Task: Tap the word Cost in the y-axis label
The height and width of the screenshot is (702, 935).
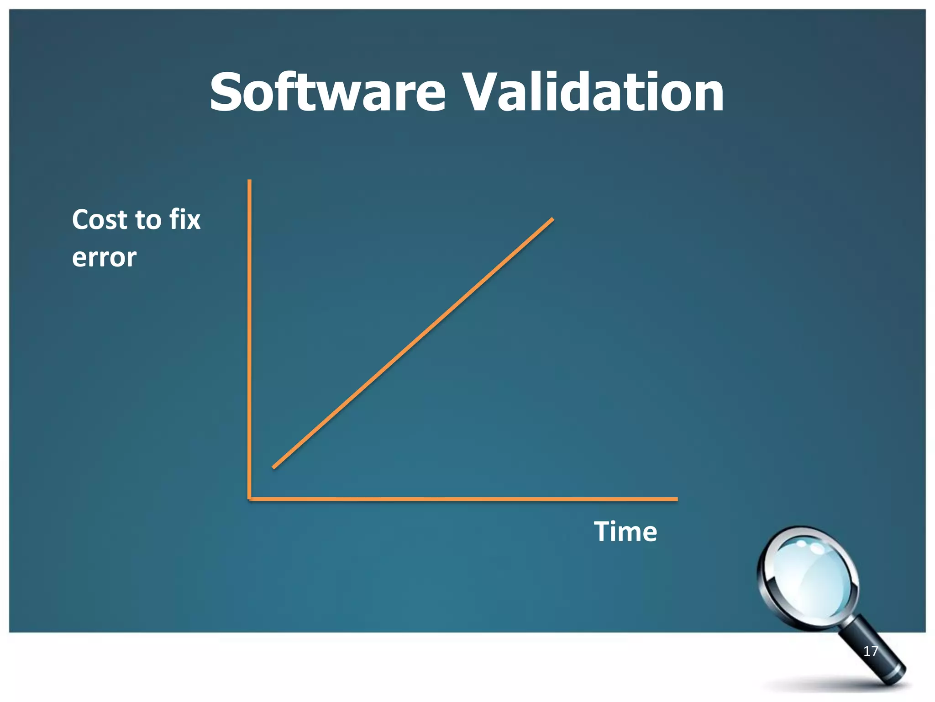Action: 100,220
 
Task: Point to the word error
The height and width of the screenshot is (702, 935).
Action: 104,257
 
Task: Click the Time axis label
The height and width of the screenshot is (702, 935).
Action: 625,532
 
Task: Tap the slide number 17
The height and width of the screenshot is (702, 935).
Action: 870,651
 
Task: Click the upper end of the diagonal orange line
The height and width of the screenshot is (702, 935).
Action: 552,219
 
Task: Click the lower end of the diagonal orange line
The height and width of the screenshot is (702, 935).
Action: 274,467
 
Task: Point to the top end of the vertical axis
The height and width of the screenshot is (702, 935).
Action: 249,181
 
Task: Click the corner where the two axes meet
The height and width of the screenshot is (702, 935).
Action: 250,499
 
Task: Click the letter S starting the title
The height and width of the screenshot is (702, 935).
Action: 228,93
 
